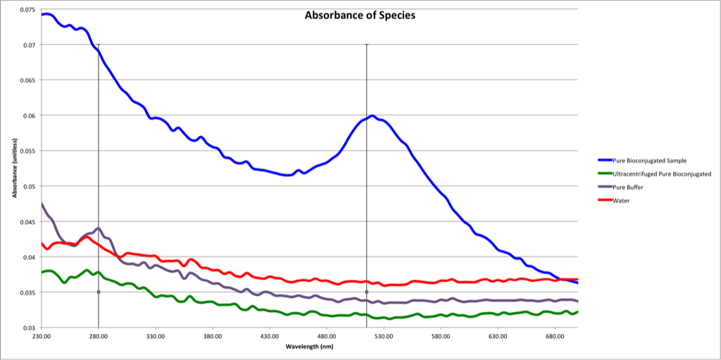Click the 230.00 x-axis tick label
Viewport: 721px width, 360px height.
pyautogui.click(x=42, y=337)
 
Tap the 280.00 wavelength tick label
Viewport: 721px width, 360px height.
pyautogui.click(x=99, y=337)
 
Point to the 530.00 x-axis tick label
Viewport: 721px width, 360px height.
pyautogui.click(x=384, y=337)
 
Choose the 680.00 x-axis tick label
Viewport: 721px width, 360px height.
pyautogui.click(x=555, y=337)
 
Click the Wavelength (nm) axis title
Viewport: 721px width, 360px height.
pyautogui.click(x=309, y=347)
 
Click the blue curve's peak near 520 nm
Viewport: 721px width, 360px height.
pyautogui.click(x=372, y=116)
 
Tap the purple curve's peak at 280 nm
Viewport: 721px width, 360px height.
pyautogui.click(x=99, y=228)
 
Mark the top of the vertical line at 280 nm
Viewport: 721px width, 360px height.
pyautogui.click(x=99, y=44)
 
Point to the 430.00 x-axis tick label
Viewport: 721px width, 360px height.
pyautogui.click(x=270, y=337)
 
